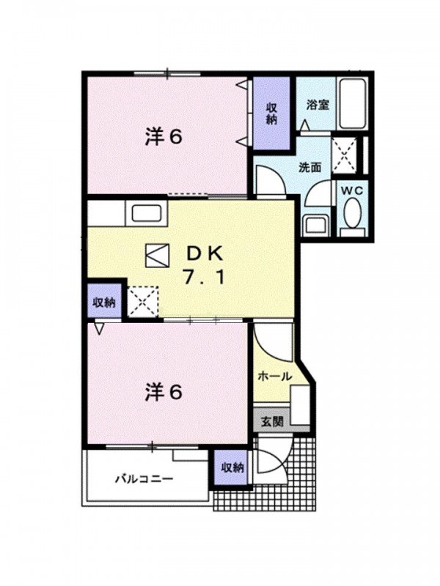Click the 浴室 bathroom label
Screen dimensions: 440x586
pos(318,105)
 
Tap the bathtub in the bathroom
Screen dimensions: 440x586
pos(351,103)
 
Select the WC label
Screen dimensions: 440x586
pos(352,191)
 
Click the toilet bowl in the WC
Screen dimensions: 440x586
pos(352,212)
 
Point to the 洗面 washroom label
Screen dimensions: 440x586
pos(309,168)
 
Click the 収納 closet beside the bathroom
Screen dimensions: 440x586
pos(271,114)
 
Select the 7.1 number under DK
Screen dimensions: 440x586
pos(204,278)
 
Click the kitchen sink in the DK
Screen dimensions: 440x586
pos(147,214)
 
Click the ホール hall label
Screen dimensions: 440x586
pos(274,377)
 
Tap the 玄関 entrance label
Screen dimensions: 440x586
pos(272,422)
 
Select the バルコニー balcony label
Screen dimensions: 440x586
pos(144,479)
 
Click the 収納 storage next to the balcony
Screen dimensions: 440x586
pos(232,467)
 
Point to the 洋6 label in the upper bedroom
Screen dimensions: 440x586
pos(164,138)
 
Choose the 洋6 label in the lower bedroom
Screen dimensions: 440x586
pos(164,393)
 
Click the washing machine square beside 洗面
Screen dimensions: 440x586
pos(344,155)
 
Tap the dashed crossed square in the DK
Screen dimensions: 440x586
pos(143,302)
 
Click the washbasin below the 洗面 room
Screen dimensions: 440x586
pos(315,225)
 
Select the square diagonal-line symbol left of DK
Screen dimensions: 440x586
pos(157,255)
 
